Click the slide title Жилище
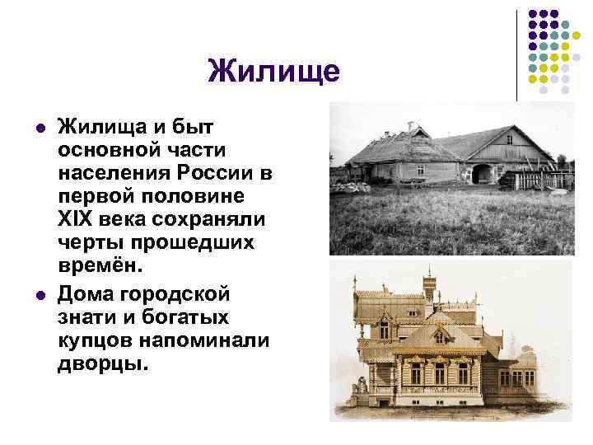pyautogui.click(x=273, y=71)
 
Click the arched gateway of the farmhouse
pyautogui.click(x=480, y=174)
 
